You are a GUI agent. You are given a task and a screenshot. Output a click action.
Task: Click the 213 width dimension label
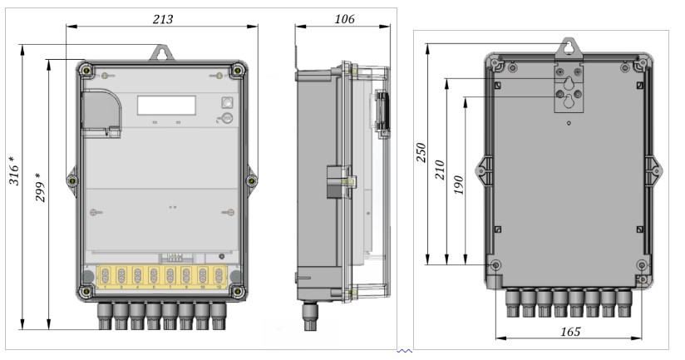tap(163, 19)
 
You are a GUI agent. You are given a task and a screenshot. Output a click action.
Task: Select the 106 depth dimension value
tap(342, 19)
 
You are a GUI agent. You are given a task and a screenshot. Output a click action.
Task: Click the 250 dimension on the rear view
tap(421, 154)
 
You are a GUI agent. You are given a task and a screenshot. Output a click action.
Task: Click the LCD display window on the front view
tap(166, 105)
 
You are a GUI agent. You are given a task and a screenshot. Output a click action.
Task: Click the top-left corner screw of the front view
tap(85, 67)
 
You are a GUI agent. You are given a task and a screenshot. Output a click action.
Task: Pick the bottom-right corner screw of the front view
tap(239, 290)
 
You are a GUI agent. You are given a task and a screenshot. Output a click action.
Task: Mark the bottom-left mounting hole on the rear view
tap(496, 265)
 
